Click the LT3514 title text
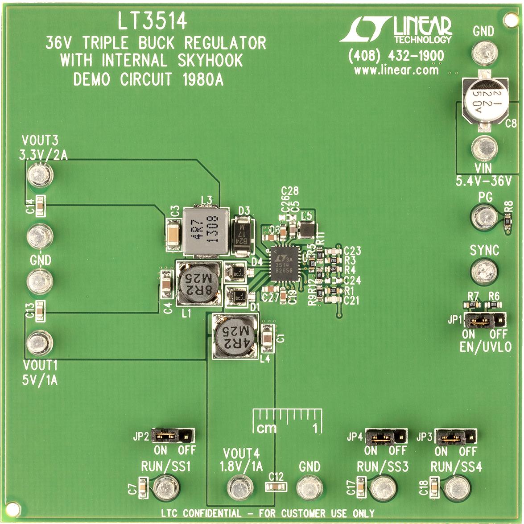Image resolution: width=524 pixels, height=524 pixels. [x=152, y=21]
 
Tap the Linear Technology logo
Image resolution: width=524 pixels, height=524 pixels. [x=396, y=31]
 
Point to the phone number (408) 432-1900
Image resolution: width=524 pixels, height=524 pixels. [x=396, y=56]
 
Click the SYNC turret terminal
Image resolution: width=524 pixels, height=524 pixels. [x=484, y=270]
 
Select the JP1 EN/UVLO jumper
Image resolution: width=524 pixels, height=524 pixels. [x=485, y=319]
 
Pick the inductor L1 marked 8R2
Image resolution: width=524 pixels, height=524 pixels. [x=199, y=283]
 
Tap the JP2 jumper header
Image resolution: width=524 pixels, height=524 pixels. [x=173, y=435]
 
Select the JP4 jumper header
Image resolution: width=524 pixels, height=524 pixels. [x=386, y=437]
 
